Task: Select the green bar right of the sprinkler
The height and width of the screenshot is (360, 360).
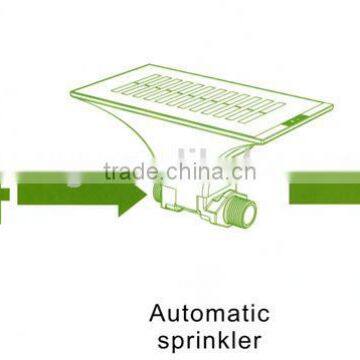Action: coord(325,187)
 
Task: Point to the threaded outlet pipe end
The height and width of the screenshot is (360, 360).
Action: coord(244,211)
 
